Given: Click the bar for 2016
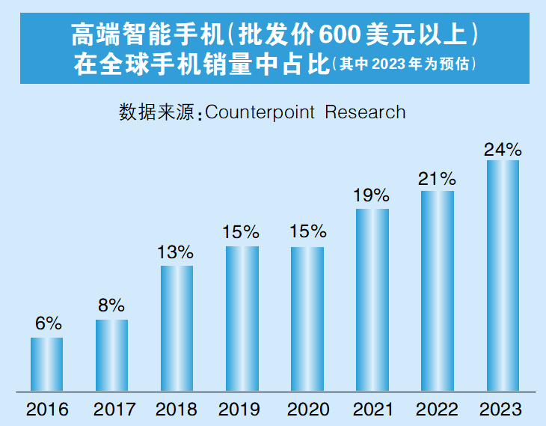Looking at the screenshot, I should click(46, 364).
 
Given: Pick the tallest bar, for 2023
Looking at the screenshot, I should click(503, 275).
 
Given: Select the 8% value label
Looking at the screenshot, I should click(111, 305).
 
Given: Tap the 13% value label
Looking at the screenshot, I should click(176, 252).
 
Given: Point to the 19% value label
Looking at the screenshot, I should click(371, 195).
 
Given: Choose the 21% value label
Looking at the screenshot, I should click(437, 178).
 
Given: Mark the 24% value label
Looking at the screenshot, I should click(502, 148).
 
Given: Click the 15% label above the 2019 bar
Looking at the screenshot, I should click(241, 232).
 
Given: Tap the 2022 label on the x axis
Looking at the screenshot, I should click(436, 410).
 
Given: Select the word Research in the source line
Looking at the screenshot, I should click(366, 112).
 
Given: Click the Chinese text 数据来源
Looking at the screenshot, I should click(155, 112).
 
